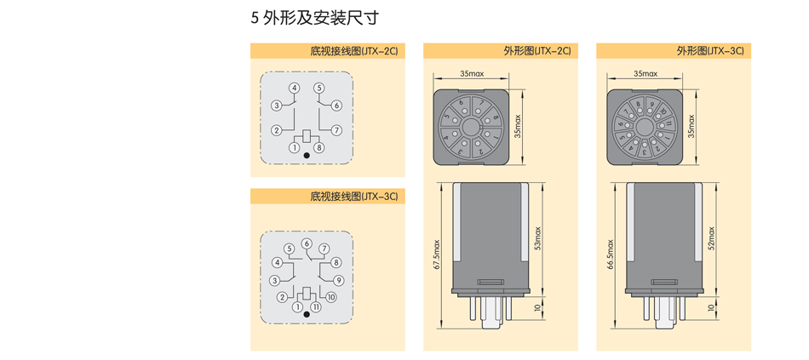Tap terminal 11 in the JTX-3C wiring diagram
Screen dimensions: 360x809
click(x=315, y=306)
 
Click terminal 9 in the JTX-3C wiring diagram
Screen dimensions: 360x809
click(x=338, y=280)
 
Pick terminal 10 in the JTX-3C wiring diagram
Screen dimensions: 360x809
click(x=331, y=297)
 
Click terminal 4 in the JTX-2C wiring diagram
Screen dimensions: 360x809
click(x=294, y=89)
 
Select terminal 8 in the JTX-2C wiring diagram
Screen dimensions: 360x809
click(x=319, y=147)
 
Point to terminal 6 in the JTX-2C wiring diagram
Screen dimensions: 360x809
click(x=337, y=106)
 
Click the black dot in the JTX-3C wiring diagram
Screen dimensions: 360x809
click(x=307, y=314)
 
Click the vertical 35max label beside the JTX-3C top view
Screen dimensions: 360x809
click(x=691, y=126)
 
